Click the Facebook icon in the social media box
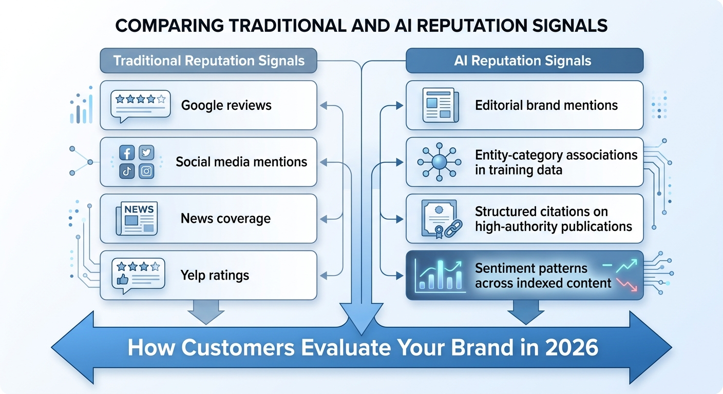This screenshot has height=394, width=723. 127,152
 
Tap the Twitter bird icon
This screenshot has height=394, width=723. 146,152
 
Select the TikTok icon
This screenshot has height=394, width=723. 127,171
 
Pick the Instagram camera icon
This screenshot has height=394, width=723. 146,171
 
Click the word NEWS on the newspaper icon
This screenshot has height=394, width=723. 139,209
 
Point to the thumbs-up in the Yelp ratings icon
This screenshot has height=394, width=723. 122,280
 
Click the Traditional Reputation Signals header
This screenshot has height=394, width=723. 208,61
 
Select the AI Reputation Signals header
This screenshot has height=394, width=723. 524,61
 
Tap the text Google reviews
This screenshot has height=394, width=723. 226,105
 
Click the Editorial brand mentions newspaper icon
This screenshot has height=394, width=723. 440,105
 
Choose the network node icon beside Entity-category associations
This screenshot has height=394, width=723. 439,162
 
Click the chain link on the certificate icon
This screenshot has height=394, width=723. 453,229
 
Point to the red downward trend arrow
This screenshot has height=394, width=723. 627,285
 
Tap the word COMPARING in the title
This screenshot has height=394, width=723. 169,26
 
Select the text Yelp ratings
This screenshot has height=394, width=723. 215,275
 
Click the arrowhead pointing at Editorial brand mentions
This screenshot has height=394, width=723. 399,105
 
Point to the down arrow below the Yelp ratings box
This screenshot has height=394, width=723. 206,312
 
